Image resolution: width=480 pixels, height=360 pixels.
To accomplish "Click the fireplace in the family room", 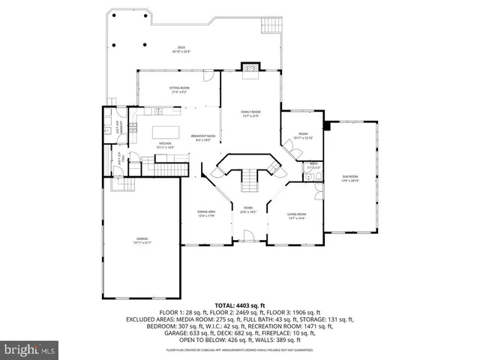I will (248, 68).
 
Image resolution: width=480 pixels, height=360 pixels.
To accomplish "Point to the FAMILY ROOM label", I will (249, 113).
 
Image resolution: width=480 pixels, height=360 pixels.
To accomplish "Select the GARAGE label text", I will (142, 240).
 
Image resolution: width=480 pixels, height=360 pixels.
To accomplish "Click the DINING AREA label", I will (206, 214).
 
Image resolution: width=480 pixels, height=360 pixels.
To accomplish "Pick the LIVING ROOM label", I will (297, 216).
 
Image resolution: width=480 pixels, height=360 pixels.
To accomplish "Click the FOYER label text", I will (247, 210).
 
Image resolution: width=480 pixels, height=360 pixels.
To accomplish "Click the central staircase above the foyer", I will (247, 179).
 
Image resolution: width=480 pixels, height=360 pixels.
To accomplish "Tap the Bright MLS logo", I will (30, 349).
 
